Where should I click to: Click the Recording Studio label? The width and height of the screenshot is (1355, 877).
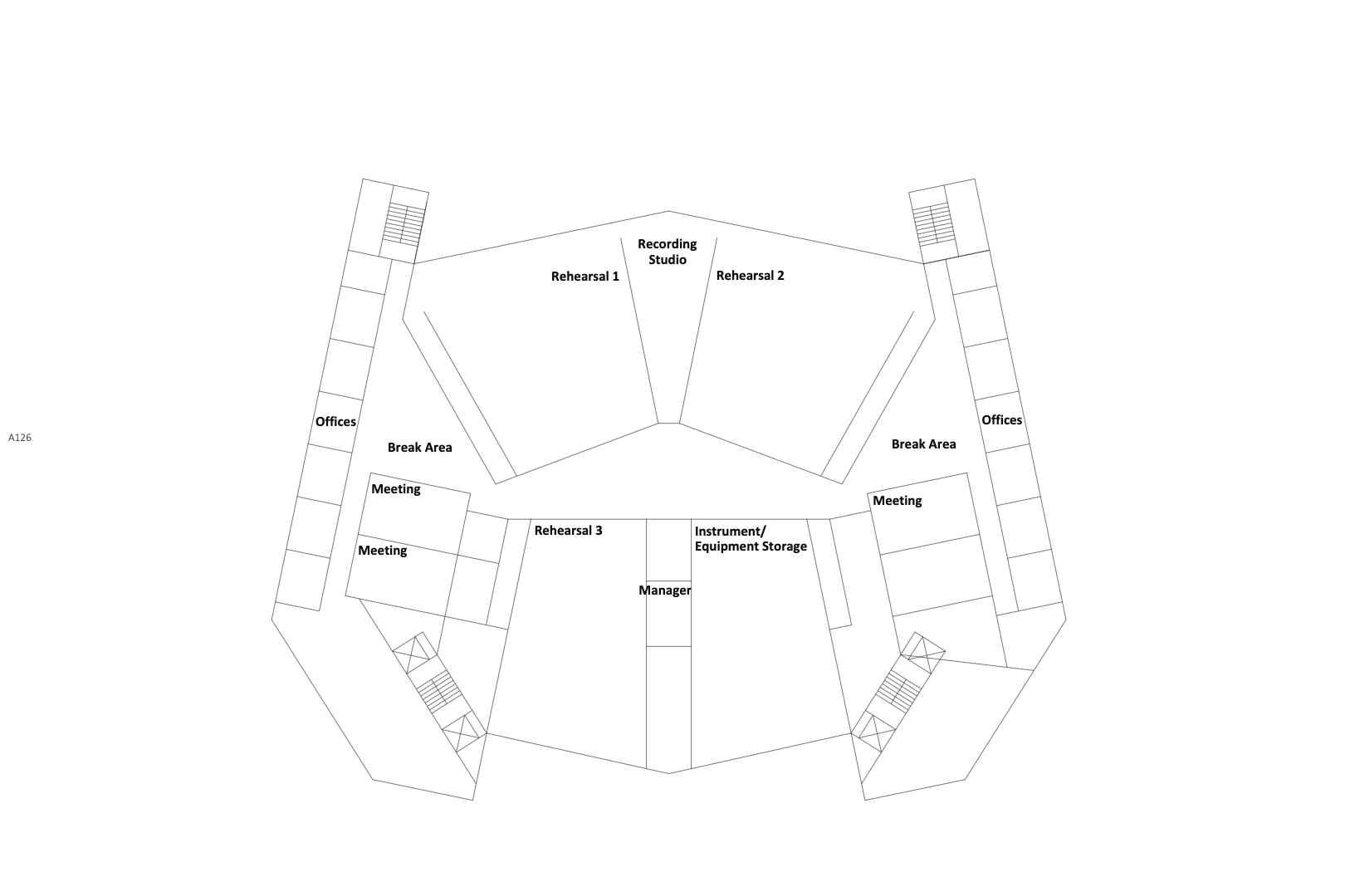tap(667, 252)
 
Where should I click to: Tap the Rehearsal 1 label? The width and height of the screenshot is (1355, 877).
tap(585, 277)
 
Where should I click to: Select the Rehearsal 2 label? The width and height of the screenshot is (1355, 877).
tap(750, 276)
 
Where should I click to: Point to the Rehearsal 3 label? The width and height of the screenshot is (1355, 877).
tap(568, 531)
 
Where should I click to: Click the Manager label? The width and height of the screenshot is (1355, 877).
tap(664, 590)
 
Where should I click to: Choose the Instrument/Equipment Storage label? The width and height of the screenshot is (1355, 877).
tap(750, 539)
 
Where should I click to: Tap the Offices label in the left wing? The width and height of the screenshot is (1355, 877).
tap(335, 422)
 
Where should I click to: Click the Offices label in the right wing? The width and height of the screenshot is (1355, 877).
tap(1001, 420)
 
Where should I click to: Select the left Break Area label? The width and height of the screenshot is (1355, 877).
tap(419, 448)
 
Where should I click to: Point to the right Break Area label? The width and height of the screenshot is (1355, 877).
tap(923, 444)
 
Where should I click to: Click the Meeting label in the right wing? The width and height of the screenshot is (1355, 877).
tap(897, 501)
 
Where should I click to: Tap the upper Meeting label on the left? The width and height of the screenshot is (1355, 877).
tap(395, 489)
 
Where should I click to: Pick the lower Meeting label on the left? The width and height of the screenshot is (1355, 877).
tap(382, 551)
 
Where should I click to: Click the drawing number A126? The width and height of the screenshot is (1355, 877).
tap(20, 438)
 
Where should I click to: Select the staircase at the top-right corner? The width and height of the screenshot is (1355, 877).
tap(932, 224)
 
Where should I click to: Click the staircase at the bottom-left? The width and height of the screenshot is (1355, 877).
tap(438, 692)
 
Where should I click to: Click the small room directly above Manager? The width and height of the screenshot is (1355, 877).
tap(668, 550)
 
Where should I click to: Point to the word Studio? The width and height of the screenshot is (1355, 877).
tap(668, 260)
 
